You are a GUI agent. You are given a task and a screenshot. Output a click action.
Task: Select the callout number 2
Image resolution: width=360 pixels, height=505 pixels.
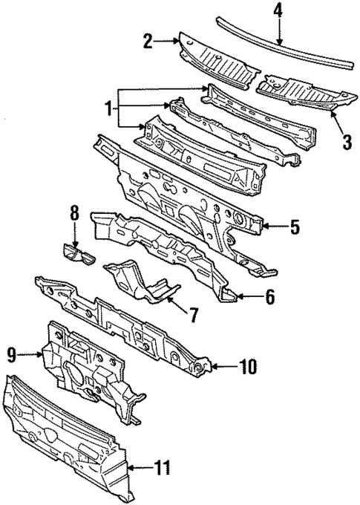tap(147, 42)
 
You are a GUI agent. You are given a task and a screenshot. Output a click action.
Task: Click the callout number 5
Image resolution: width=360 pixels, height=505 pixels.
tap(294, 227)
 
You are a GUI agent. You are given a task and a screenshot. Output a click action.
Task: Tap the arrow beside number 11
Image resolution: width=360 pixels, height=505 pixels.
tap(140, 467)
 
